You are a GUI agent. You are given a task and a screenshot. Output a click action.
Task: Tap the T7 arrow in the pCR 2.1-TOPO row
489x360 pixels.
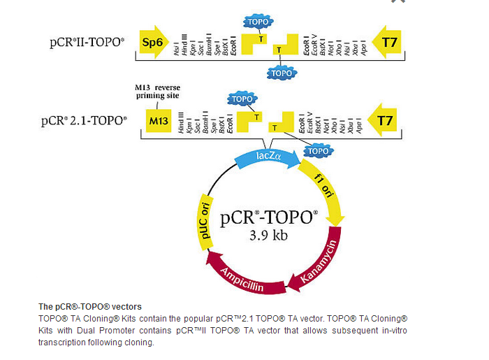(383, 121)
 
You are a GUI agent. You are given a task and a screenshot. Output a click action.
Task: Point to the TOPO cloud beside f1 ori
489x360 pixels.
(319, 150)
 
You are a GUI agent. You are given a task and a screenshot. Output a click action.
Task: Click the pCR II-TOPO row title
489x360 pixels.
(87, 42)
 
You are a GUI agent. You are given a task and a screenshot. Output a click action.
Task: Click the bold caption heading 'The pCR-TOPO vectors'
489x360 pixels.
(89, 307)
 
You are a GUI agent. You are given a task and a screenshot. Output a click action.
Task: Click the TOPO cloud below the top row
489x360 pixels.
(282, 72)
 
